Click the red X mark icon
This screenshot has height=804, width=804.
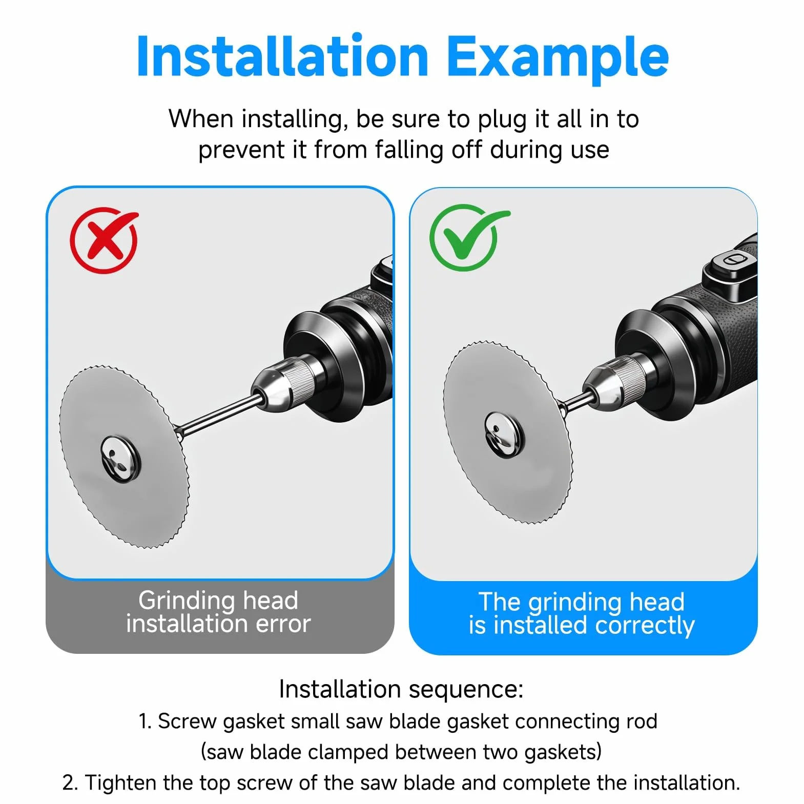pos(105,240)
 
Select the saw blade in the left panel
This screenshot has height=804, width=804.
pos(125,456)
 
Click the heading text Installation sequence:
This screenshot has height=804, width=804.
pos(401,689)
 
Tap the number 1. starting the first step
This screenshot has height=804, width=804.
pos(145,721)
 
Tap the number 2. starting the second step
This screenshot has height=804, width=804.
pos(70,783)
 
